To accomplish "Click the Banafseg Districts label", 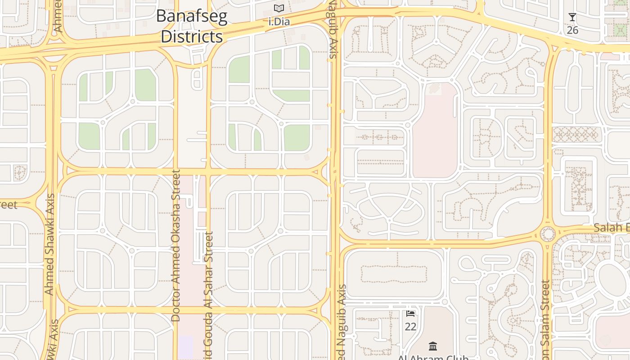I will [192, 27].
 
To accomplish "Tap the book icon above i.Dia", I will [279, 9].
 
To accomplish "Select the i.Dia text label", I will [279, 21].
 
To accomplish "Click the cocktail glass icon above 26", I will [572, 18].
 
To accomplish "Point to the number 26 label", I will [572, 30].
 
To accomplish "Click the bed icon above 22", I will [410, 313].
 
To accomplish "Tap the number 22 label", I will [410, 326].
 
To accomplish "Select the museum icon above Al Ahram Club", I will [433, 346].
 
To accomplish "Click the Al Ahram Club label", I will [433, 358].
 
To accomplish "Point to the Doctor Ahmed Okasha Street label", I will [176, 245].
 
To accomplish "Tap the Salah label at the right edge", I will [611, 228].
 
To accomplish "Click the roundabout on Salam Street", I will [548, 234].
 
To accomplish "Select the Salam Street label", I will [546, 319].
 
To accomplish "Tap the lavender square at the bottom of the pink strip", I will [185, 347].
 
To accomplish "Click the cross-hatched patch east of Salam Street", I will [576, 134].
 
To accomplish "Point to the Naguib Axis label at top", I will [333, 29].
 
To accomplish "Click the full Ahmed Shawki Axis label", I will [49, 244].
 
